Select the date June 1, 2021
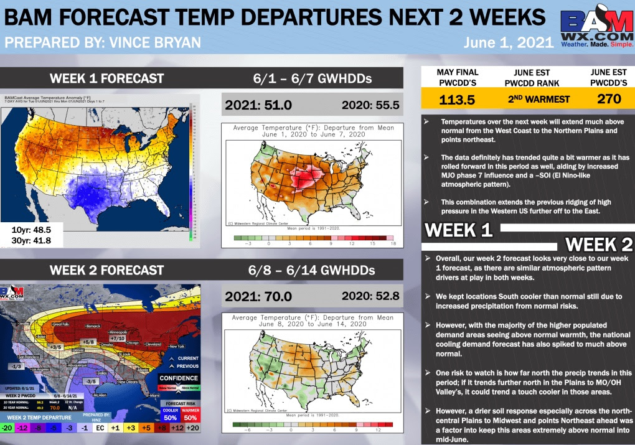coord(508,43)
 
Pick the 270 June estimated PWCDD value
coord(609,99)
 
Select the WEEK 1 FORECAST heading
coord(106,78)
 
